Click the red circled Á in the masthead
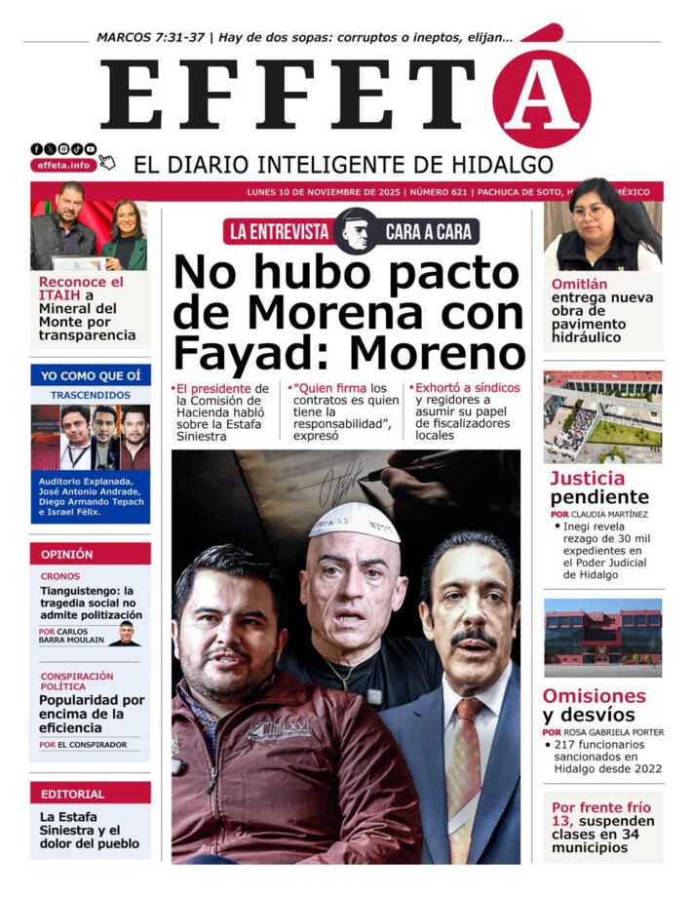(541, 97)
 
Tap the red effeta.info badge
(63, 165)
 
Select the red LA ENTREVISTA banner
(278, 231)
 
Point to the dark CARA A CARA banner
(427, 231)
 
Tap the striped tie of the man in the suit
(464, 760)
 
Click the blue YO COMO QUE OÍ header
(91, 375)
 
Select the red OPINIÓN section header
(91, 554)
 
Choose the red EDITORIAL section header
(91, 793)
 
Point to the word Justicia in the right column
(588, 478)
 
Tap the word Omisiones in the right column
(595, 696)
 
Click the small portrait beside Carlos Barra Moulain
(124, 636)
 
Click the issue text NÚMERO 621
(438, 192)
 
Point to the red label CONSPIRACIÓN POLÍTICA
(77, 682)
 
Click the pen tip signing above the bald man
(363, 477)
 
